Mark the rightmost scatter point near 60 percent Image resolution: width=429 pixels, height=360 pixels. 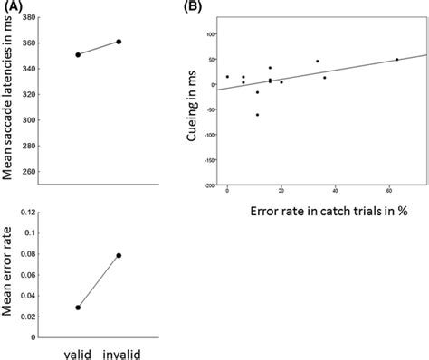396,60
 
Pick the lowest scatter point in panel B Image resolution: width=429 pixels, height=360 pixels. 257,115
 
